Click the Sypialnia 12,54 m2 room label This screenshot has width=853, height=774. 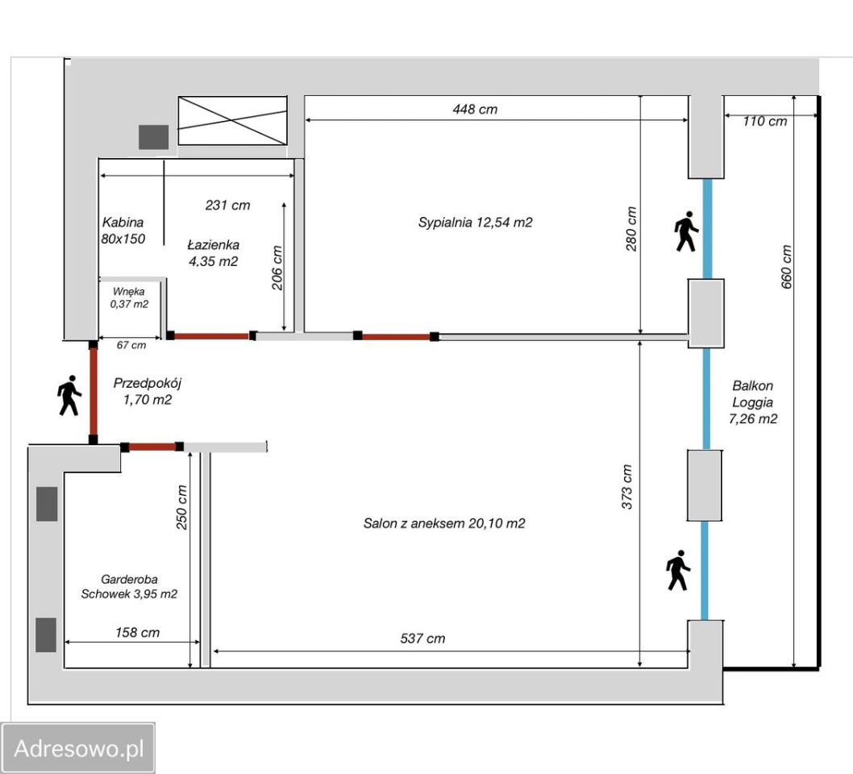[475, 222]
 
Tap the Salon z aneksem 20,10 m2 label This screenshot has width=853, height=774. [444, 523]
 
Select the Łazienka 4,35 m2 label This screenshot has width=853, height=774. [213, 253]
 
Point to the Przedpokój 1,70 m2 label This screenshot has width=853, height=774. [147, 391]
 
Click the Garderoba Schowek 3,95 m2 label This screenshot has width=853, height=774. [129, 586]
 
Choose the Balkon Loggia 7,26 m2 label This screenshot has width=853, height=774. [753, 402]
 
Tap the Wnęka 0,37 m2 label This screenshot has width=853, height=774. [129, 298]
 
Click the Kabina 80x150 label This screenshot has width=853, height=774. [123, 230]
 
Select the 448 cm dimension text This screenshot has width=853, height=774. [475, 110]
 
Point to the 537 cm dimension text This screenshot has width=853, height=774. [422, 639]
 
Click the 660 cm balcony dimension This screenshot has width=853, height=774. [786, 267]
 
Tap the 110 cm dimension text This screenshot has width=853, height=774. [765, 121]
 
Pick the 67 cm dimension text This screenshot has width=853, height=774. [131, 345]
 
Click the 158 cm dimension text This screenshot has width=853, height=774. [137, 633]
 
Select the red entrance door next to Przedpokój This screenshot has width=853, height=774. [93, 392]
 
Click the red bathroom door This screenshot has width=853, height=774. [211, 335]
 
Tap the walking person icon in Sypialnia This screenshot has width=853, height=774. [687, 231]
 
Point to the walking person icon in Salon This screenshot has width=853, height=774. [678, 570]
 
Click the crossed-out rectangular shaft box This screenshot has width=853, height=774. [233, 121]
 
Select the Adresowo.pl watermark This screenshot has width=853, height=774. [78, 748]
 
